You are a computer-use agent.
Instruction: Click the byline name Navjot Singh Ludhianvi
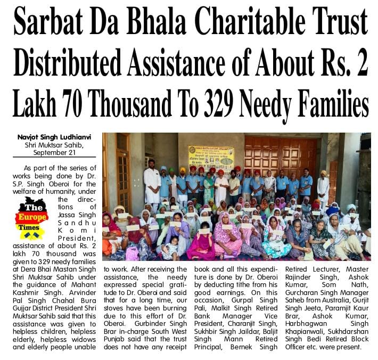click(56, 137)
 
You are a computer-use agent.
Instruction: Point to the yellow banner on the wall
click(211, 158)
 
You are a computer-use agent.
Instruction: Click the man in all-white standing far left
click(152, 184)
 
